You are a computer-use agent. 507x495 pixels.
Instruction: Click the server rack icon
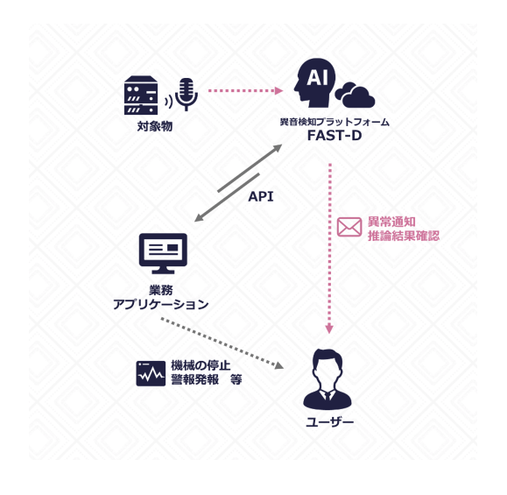click(x=141, y=95)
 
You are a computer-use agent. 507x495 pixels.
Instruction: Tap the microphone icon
click(x=185, y=93)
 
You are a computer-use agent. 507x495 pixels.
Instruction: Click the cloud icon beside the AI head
click(x=355, y=94)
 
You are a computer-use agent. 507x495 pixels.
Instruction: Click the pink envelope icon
click(x=349, y=227)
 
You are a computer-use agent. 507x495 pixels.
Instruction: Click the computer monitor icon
click(x=163, y=253)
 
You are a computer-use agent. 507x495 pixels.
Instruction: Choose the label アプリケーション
click(x=161, y=304)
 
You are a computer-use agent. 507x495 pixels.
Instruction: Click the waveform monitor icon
click(x=151, y=373)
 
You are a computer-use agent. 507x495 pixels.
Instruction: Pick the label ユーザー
click(x=329, y=422)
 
